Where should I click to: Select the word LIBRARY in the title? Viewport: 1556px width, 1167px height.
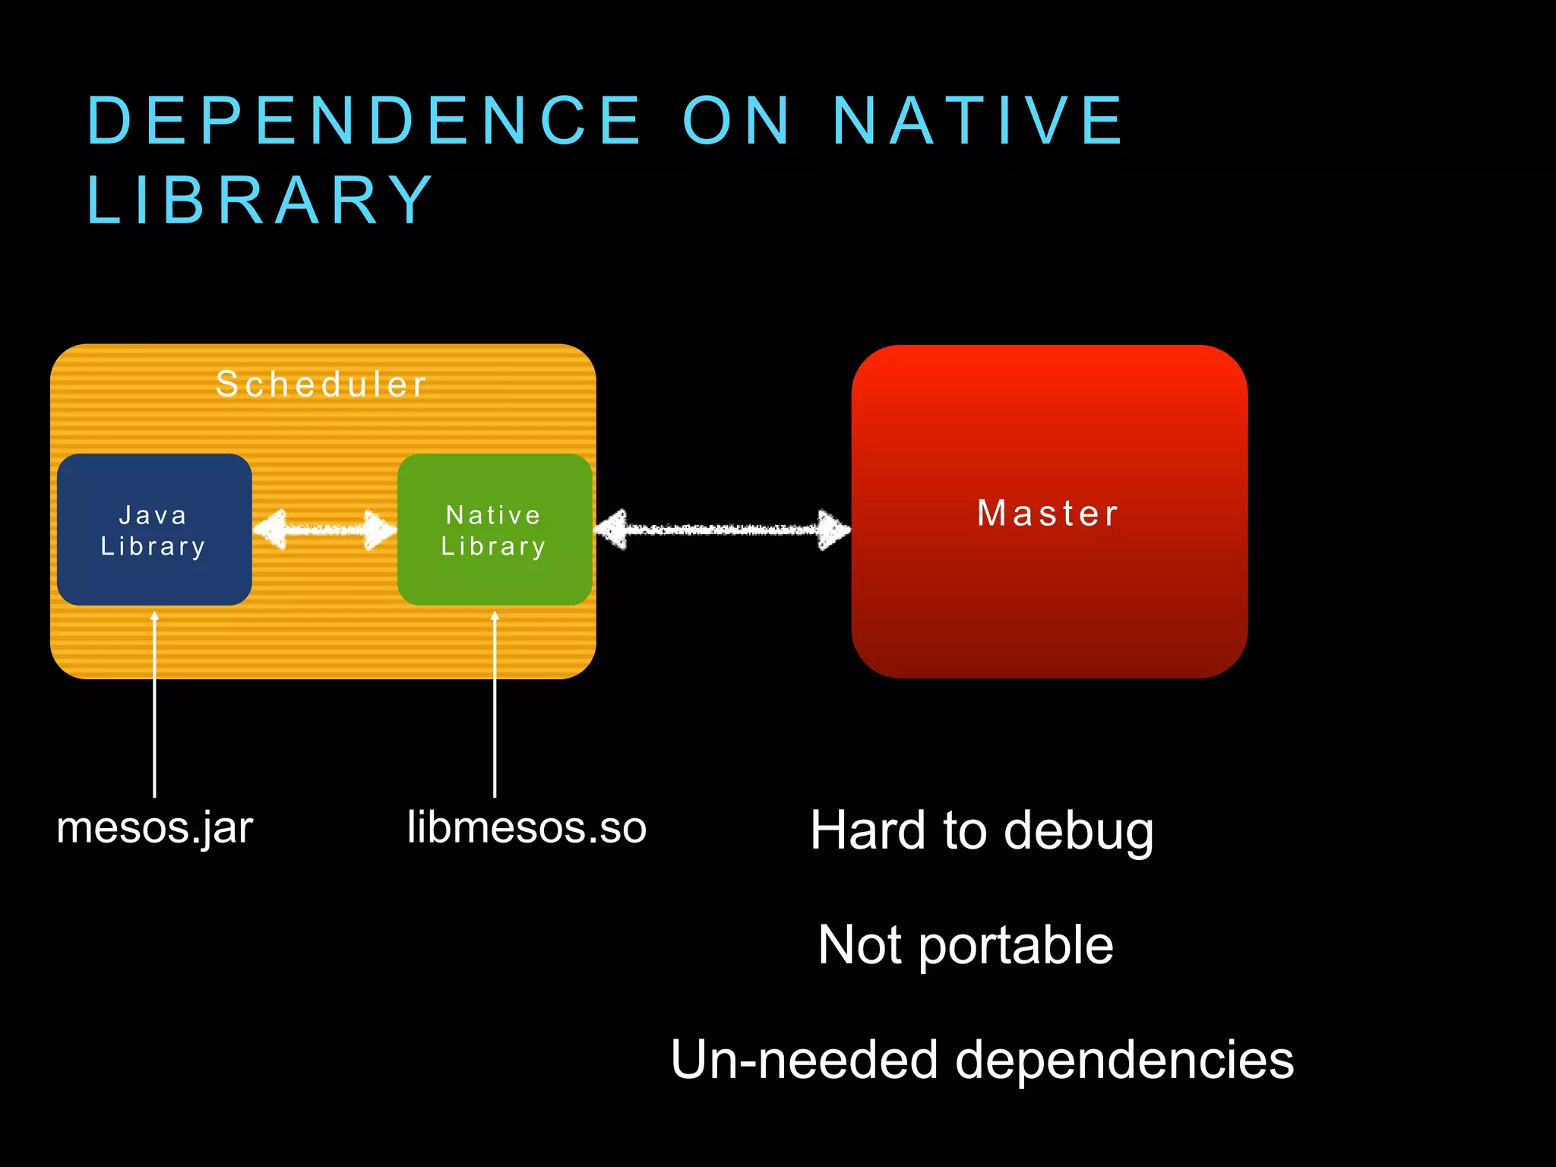pyautogui.click(x=261, y=200)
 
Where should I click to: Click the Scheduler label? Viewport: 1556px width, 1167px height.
pyautogui.click(x=321, y=384)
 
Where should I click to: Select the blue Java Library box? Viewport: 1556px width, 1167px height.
pyautogui.click(x=154, y=530)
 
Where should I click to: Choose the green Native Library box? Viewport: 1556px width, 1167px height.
pyautogui.click(x=495, y=530)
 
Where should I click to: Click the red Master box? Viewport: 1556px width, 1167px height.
pyautogui.click(x=1049, y=593)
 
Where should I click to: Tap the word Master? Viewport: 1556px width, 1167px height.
pyautogui.click(x=1048, y=514)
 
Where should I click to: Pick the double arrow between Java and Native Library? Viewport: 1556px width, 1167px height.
pyautogui.click(x=324, y=530)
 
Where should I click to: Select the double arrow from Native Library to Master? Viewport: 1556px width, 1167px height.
pyautogui.click(x=722, y=530)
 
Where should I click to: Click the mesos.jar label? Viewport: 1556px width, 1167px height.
pyautogui.click(x=154, y=827)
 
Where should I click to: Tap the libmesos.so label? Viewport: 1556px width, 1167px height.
pyautogui.click(x=527, y=827)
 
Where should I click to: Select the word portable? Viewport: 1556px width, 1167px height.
pyautogui.click(x=1016, y=946)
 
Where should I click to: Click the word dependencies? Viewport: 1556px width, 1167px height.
pyautogui.click(x=1124, y=1060)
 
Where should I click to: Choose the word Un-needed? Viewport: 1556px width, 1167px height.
pyautogui.click(x=805, y=1060)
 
